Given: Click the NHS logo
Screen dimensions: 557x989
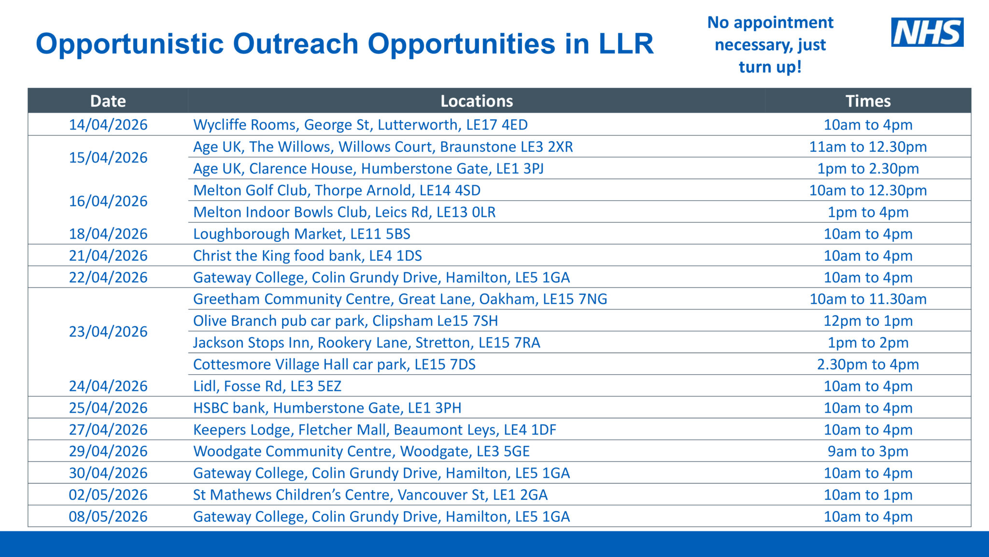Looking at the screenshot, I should click(x=927, y=32).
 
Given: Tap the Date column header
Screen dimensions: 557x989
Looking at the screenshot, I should click(x=108, y=101).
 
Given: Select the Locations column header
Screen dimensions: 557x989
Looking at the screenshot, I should click(x=476, y=101).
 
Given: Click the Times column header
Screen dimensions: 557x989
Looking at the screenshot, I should click(x=868, y=101).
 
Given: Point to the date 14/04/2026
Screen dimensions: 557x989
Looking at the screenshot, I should click(x=108, y=125).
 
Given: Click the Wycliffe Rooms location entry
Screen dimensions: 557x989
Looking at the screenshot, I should click(x=360, y=125).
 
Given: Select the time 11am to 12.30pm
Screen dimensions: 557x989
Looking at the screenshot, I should click(x=868, y=147).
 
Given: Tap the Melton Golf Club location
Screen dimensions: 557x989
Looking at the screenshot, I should click(x=337, y=191).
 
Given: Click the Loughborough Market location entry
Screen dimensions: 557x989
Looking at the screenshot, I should click(x=301, y=234).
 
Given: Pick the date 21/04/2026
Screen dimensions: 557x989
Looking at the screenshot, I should click(x=108, y=256).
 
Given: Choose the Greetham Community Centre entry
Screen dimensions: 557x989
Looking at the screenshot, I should click(x=400, y=299).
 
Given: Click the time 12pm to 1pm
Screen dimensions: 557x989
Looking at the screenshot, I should click(x=868, y=321).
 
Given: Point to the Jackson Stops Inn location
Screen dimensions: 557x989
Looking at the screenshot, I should click(x=367, y=343).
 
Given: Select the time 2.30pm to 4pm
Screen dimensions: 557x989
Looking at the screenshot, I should click(x=868, y=365).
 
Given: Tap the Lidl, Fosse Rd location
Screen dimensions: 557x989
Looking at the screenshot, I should click(x=267, y=386).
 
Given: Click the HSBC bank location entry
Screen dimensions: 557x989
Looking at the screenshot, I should click(x=327, y=408).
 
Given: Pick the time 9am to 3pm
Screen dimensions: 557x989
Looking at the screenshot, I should click(x=868, y=452).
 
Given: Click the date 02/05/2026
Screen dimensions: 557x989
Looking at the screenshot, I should click(x=108, y=495).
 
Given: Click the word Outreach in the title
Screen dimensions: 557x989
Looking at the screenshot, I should click(x=296, y=44).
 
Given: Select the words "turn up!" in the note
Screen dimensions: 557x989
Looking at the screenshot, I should click(x=770, y=67).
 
